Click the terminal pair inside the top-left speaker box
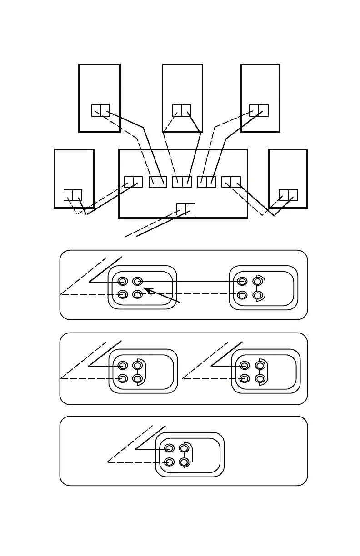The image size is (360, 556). click(100, 110)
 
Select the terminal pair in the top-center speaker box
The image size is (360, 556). click(181, 110)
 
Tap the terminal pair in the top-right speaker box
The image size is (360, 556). click(259, 110)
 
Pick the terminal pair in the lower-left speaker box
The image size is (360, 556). click(73, 195)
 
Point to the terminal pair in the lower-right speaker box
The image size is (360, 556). click(288, 195)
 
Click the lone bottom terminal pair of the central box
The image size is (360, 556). click(185, 209)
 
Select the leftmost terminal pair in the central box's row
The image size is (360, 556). click(133, 182)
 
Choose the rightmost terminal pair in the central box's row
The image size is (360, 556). click(231, 182)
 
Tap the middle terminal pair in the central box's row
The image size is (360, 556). click(182, 182)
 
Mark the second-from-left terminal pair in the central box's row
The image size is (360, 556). click(158, 182)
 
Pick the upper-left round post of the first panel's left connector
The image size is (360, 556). click(123, 282)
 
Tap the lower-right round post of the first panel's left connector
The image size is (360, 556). click(138, 295)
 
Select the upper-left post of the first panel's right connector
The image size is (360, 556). click(243, 282)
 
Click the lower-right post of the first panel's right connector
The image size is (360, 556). click(258, 295)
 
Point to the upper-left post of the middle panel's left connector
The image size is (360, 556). click(123, 365)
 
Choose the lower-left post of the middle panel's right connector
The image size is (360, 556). click(245, 378)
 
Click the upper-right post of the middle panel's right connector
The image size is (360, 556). click(260, 365)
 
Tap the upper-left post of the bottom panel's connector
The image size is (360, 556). click(169, 448)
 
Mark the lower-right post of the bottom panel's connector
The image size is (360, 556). click(184, 462)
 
